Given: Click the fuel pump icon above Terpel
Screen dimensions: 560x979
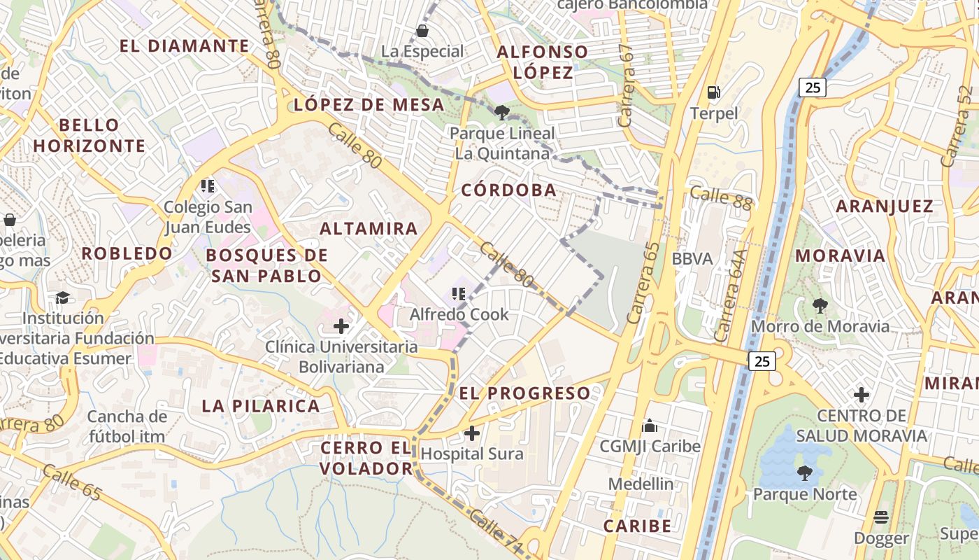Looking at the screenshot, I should (x=713, y=92).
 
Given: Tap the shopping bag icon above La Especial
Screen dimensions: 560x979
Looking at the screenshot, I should (x=422, y=31).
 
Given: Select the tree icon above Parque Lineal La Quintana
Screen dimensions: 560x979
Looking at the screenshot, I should (x=501, y=112).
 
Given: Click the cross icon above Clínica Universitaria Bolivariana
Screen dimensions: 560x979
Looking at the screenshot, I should (x=341, y=326).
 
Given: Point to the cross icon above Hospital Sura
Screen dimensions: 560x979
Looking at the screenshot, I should (x=472, y=433).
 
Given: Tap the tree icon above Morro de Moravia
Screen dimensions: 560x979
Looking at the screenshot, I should (x=820, y=305).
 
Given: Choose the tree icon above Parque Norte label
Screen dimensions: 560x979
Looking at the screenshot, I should (x=804, y=473).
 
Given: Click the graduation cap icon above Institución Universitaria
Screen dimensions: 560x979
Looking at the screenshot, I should (x=62, y=297).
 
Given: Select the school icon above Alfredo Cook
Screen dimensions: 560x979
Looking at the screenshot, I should (x=459, y=294).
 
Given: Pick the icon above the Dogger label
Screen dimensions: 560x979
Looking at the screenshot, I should (x=881, y=517).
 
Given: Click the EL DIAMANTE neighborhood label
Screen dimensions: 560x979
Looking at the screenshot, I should (x=185, y=46).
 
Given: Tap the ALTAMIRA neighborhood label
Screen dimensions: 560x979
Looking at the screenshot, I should (x=369, y=228).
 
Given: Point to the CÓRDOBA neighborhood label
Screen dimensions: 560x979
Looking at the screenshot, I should (x=508, y=190).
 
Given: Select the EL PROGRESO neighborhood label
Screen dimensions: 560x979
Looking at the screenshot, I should (x=524, y=393).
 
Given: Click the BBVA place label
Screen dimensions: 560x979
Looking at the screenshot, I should (x=692, y=258).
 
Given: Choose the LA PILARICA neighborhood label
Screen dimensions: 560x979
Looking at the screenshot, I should (x=261, y=405).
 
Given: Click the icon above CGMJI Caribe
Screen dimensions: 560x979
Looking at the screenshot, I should (x=650, y=426).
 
